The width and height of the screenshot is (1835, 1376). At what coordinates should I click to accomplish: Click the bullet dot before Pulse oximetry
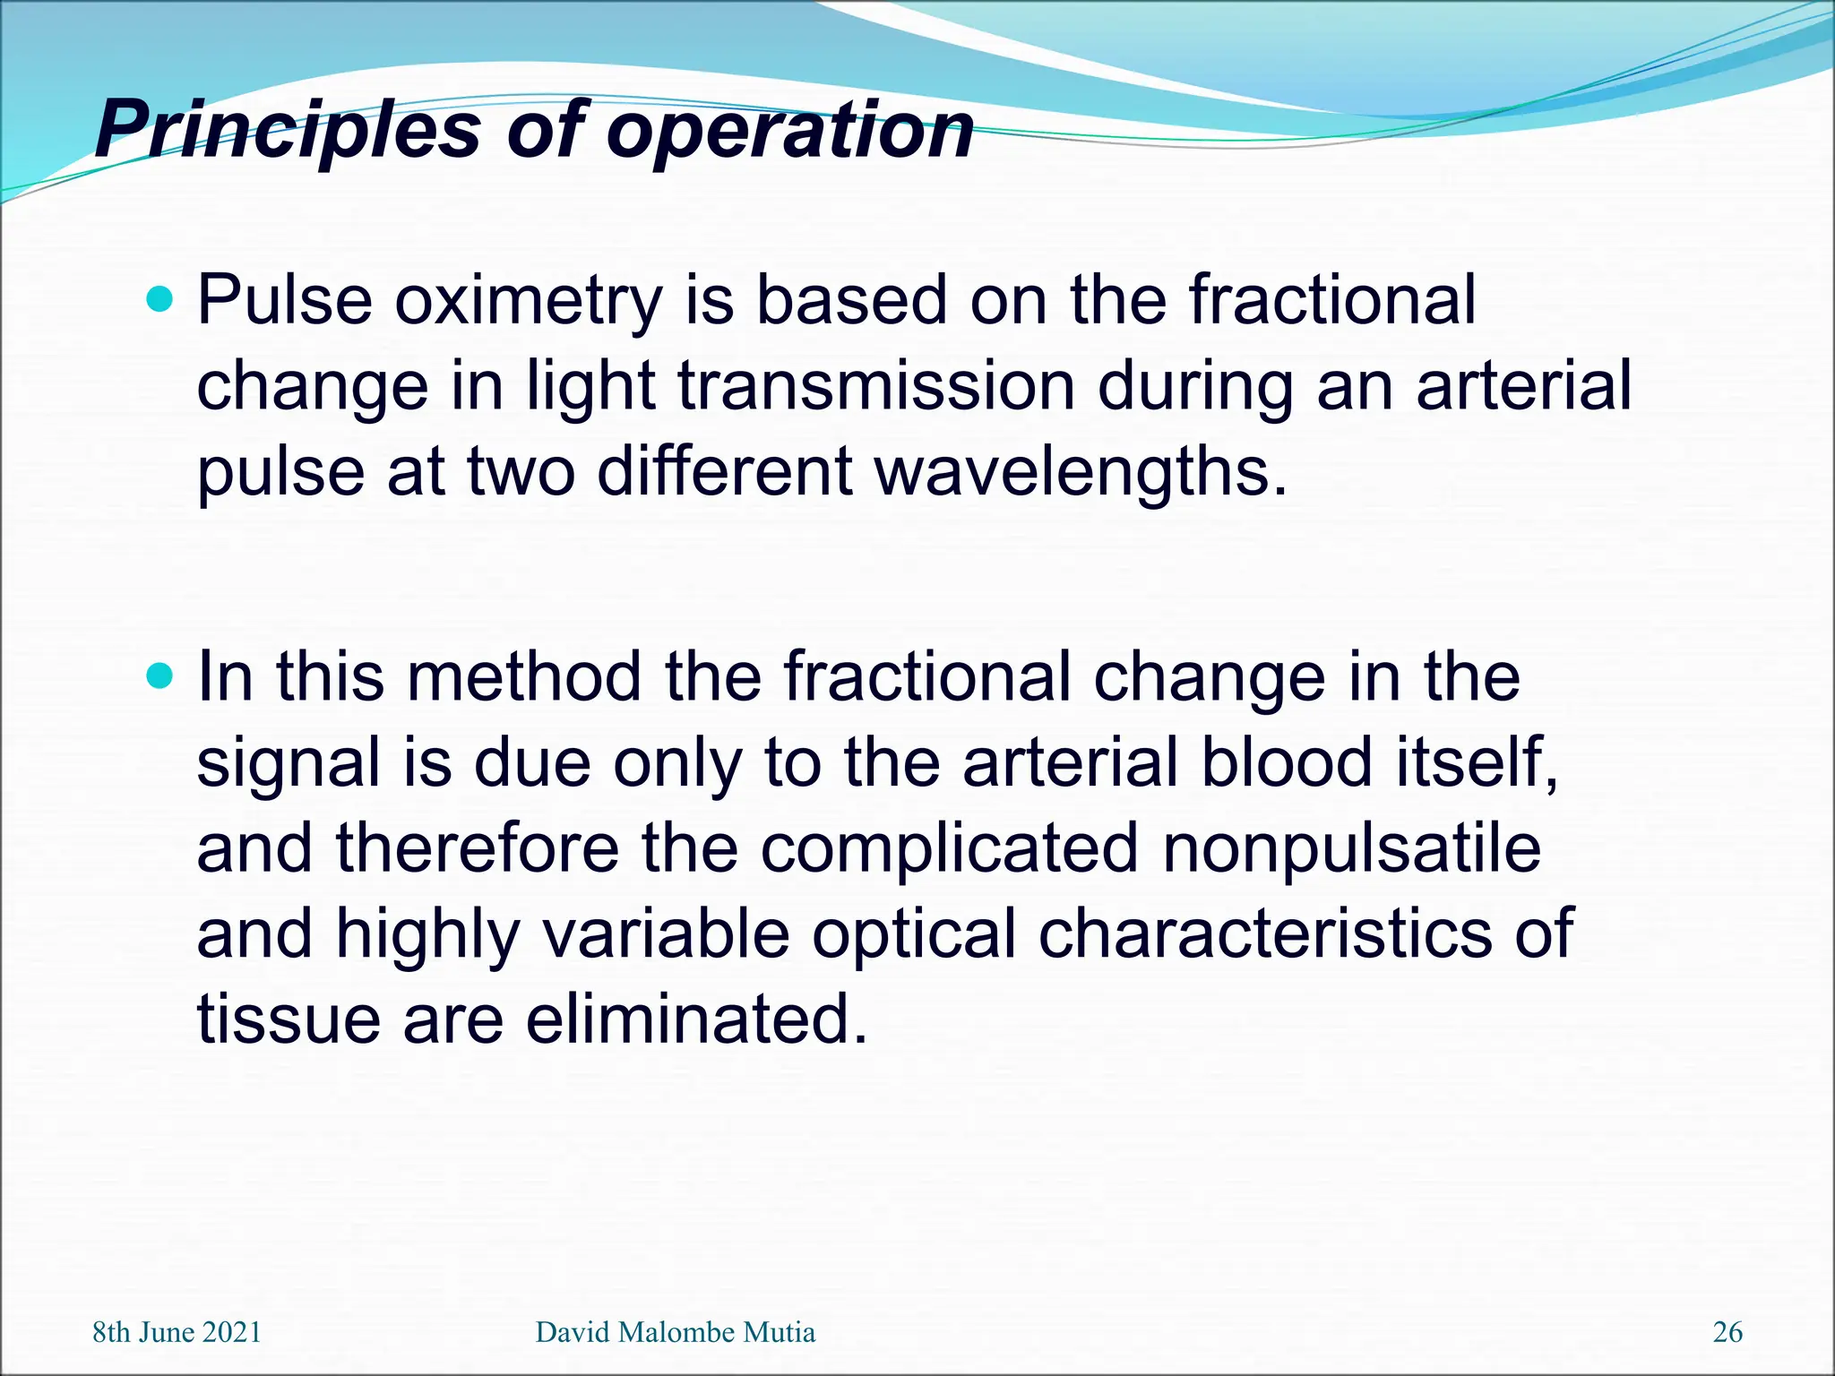160,298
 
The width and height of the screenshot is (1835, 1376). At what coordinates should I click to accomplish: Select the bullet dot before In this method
160,675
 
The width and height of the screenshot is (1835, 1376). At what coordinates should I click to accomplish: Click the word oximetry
529,301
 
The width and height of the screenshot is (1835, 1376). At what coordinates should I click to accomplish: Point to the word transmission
875,387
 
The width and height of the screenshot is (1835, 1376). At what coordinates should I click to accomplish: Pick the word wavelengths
1080,473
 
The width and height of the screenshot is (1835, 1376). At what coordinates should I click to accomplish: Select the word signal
289,764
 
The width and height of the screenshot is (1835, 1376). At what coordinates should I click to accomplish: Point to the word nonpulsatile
1351,848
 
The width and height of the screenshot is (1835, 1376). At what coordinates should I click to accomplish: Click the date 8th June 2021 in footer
177,1332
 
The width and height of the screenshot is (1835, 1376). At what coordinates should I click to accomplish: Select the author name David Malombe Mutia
675,1332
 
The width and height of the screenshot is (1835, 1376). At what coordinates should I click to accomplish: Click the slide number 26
1727,1332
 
